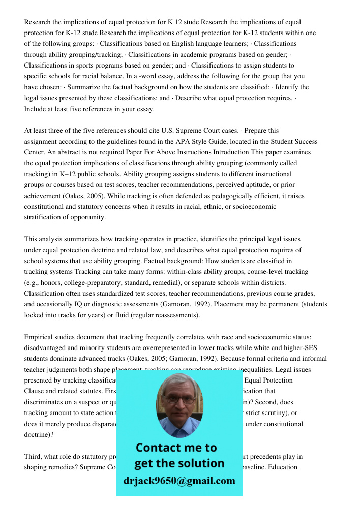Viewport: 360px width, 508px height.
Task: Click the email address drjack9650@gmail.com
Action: point(179,481)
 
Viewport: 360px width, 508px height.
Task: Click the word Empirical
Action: point(39,337)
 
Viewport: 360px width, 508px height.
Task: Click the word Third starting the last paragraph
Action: point(34,456)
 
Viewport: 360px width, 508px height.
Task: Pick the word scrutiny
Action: point(275,412)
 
